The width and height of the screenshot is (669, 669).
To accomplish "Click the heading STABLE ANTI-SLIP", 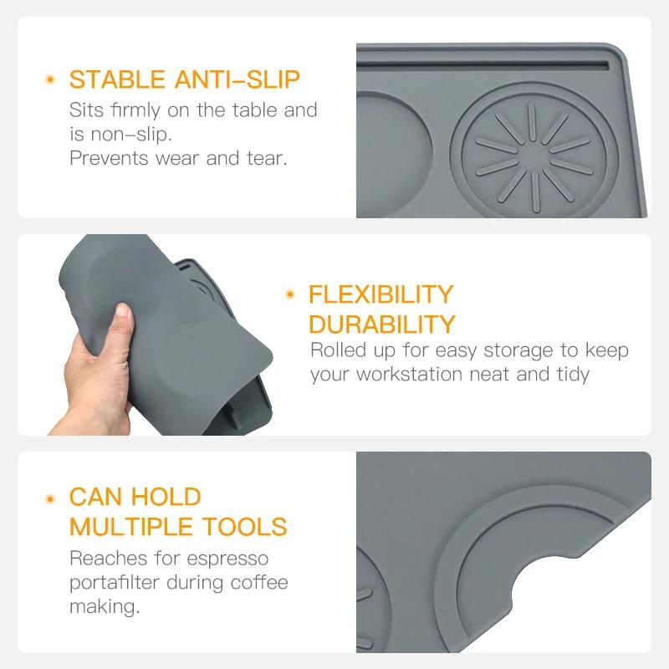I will [x=184, y=80].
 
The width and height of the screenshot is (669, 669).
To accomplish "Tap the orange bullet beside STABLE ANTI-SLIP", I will [x=50, y=80].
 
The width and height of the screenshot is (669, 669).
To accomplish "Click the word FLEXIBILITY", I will [x=380, y=294].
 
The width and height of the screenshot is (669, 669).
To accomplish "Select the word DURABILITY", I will [x=382, y=324].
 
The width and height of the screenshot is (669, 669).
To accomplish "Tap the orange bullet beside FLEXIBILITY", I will [x=290, y=294].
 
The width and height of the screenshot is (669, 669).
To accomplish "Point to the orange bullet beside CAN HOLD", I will [x=50, y=498].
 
